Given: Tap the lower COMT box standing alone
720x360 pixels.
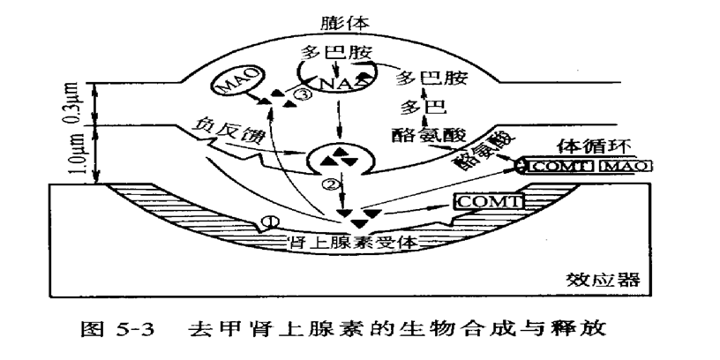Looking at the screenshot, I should (x=488, y=201).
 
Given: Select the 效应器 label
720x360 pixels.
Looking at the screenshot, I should (x=604, y=281).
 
